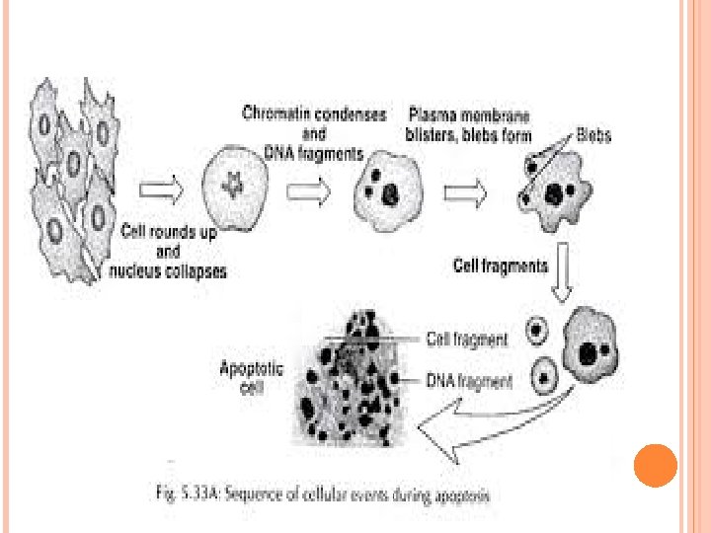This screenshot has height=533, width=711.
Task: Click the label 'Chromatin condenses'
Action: pos(314,114)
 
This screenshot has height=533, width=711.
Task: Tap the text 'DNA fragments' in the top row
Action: pos(314,152)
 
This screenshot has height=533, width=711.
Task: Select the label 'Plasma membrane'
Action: pos(468,114)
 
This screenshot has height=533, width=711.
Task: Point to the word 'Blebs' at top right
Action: pos(593,134)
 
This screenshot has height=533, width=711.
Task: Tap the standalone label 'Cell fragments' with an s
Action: pos(500,266)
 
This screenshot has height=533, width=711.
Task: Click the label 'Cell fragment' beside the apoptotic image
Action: pos(467,340)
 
